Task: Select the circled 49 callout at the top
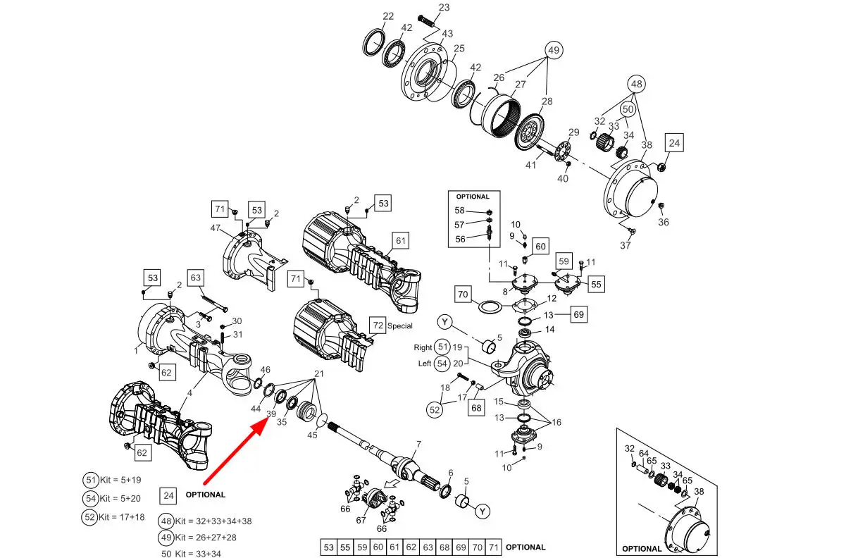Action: (553, 50)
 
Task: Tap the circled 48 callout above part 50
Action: (636, 84)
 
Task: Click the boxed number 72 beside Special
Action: (378, 325)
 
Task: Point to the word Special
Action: (399, 325)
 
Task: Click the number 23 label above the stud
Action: (444, 8)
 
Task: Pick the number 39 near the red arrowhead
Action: (271, 414)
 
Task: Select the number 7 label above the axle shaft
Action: (418, 445)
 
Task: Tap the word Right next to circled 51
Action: (423, 347)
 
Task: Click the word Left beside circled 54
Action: (425, 364)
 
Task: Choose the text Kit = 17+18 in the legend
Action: (121, 517)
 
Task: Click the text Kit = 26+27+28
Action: (206, 538)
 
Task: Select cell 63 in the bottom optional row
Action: (428, 547)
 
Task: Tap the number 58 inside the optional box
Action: (459, 211)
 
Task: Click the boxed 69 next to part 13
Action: (578, 314)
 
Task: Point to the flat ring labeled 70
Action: (490, 306)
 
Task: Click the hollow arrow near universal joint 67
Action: (390, 483)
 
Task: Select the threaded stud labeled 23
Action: (426, 22)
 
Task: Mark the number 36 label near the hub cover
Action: (663, 222)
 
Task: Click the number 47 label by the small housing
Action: (216, 228)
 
